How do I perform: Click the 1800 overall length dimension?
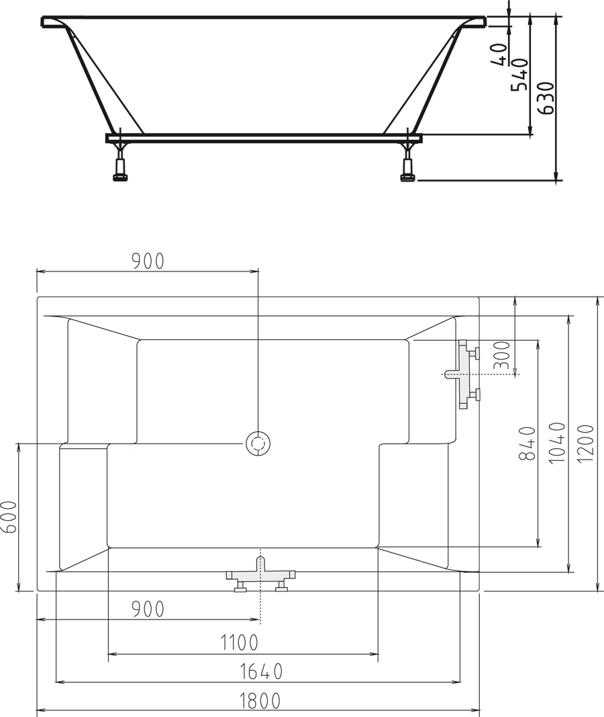[260, 701]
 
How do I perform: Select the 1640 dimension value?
[260, 671]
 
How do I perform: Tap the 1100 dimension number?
[240, 643]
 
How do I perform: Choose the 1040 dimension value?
[556, 443]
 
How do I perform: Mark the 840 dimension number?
[527, 443]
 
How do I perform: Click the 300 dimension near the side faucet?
[502, 356]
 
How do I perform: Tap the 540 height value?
[519, 74]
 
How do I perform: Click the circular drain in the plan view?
[257, 444]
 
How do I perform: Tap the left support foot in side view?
[120, 165]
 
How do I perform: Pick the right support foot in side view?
[407, 165]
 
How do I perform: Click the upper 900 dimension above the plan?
[148, 261]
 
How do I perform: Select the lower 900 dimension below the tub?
[148, 609]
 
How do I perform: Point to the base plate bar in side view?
[263, 138]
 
